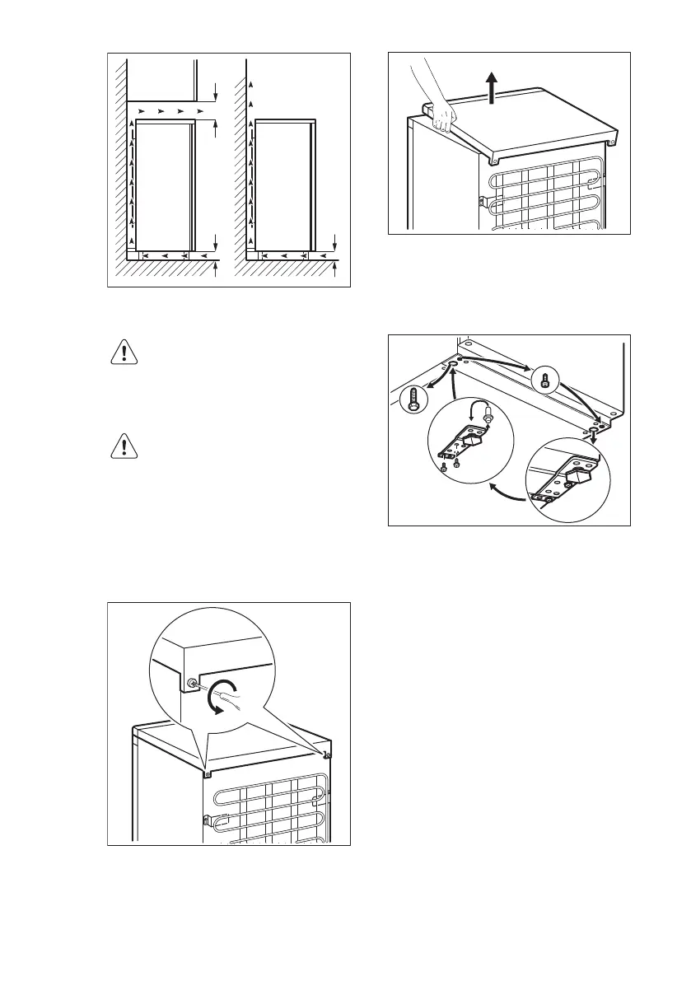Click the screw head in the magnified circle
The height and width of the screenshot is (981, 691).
pyautogui.click(x=192, y=684)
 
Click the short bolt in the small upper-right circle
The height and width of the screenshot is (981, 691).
pyautogui.click(x=544, y=380)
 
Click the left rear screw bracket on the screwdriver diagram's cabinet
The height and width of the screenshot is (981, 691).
pyautogui.click(x=207, y=773)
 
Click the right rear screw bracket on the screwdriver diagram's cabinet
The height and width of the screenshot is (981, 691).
pyautogui.click(x=328, y=754)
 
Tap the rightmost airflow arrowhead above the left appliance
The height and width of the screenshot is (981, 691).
pyautogui.click(x=201, y=109)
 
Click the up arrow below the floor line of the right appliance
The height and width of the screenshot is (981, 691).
pyautogui.click(x=336, y=269)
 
